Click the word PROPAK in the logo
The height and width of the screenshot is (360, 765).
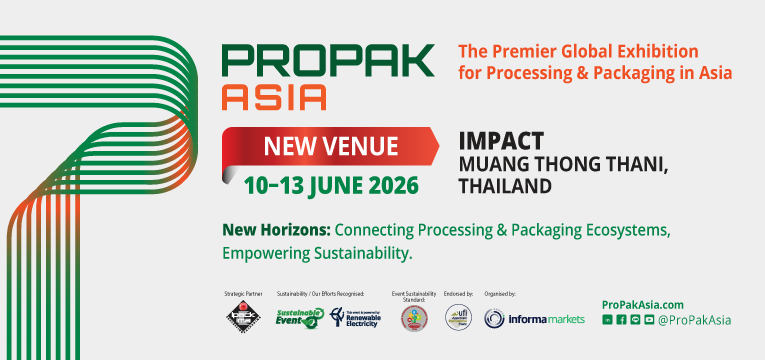point(328,61)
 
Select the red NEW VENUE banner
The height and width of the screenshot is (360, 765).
point(329,148)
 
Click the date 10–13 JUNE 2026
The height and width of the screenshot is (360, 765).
point(331,185)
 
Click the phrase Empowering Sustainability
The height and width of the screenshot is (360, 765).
point(317,253)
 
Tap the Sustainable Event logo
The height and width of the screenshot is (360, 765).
point(299,318)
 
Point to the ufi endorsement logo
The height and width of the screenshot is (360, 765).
point(457,318)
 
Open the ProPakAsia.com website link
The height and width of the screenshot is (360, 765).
point(643,304)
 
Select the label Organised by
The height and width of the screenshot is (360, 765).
point(500,294)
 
